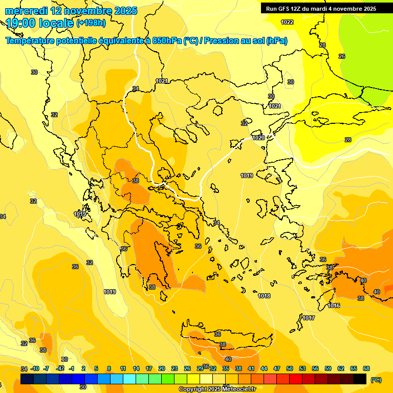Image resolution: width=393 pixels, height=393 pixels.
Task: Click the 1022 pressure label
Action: click(x=287, y=22)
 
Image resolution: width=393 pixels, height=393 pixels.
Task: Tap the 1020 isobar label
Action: click(x=258, y=138)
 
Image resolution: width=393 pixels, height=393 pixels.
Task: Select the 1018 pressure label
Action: click(x=264, y=296)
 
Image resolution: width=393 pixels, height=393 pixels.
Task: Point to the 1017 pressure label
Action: click(x=309, y=318)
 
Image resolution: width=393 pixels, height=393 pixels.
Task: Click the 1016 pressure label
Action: click(x=334, y=305)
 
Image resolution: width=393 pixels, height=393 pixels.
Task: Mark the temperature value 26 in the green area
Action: click(x=342, y=56)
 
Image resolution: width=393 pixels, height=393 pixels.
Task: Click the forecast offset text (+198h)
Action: click(x=91, y=23)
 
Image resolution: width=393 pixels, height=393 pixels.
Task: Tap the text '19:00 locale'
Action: click(x=40, y=23)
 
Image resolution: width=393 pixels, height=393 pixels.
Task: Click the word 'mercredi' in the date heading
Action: click(x=27, y=10)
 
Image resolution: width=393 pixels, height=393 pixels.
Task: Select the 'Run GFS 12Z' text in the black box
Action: click(x=285, y=8)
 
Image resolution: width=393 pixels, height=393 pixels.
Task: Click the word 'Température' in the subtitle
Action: click(x=30, y=41)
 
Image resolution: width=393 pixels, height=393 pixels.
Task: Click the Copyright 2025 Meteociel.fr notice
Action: click(x=217, y=389)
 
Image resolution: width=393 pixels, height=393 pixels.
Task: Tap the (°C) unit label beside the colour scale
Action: click(x=376, y=379)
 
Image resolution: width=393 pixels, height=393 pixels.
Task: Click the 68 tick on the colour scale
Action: click(x=366, y=368)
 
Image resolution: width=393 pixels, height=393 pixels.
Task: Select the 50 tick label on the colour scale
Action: click(x=290, y=368)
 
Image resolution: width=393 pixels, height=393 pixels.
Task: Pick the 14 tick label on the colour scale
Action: click(x=136, y=368)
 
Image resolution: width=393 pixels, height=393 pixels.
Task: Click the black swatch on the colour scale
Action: click(x=360, y=379)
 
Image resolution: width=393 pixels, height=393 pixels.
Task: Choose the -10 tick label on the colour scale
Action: click(x=35, y=368)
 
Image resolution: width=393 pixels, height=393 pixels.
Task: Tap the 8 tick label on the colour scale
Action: click(x=109, y=368)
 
